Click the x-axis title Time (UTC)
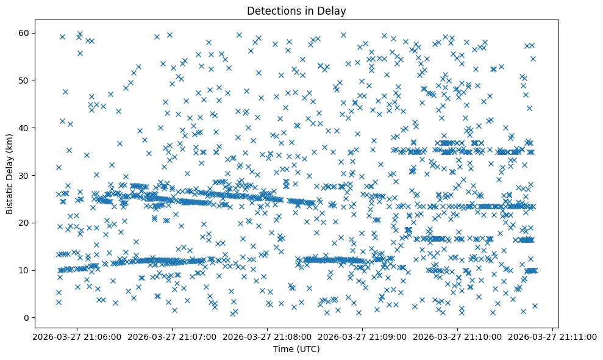coord(296,350)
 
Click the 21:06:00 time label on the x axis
coord(77,336)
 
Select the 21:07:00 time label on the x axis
coord(173,336)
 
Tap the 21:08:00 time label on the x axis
coord(268,336)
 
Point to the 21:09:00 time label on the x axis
coord(363,336)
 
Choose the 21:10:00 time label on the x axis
coord(458,336)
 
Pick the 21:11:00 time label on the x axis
coord(553,336)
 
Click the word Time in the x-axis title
coord(282,350)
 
